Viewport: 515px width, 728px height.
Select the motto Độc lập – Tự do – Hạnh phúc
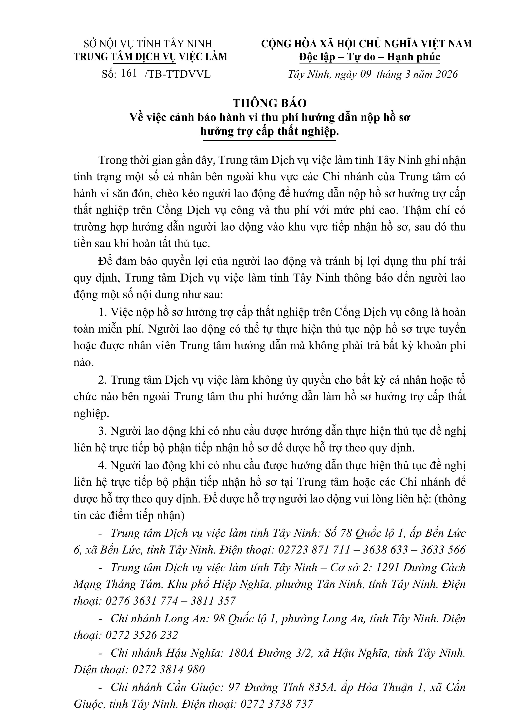[x=369, y=57]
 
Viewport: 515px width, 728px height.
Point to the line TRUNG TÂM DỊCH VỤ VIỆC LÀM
[x=150, y=57]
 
